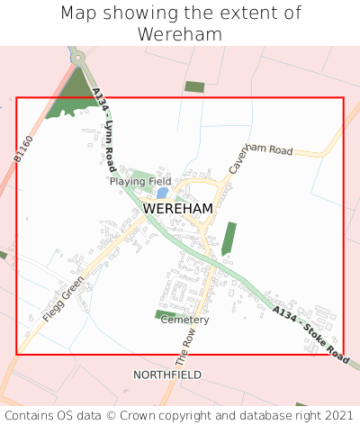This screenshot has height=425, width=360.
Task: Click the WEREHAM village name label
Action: click(x=178, y=209)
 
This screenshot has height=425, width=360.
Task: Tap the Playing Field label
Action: click(x=140, y=181)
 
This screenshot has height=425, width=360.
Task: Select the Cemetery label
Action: click(x=184, y=320)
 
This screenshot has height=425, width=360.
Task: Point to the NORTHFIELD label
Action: click(x=167, y=374)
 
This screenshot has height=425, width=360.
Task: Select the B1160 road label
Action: click(x=23, y=149)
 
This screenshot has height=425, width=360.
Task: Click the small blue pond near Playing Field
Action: click(x=162, y=193)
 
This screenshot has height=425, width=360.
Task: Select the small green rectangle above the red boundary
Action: click(x=194, y=87)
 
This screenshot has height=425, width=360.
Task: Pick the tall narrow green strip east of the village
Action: click(x=229, y=239)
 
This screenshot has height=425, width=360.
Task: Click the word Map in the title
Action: click(x=78, y=14)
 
